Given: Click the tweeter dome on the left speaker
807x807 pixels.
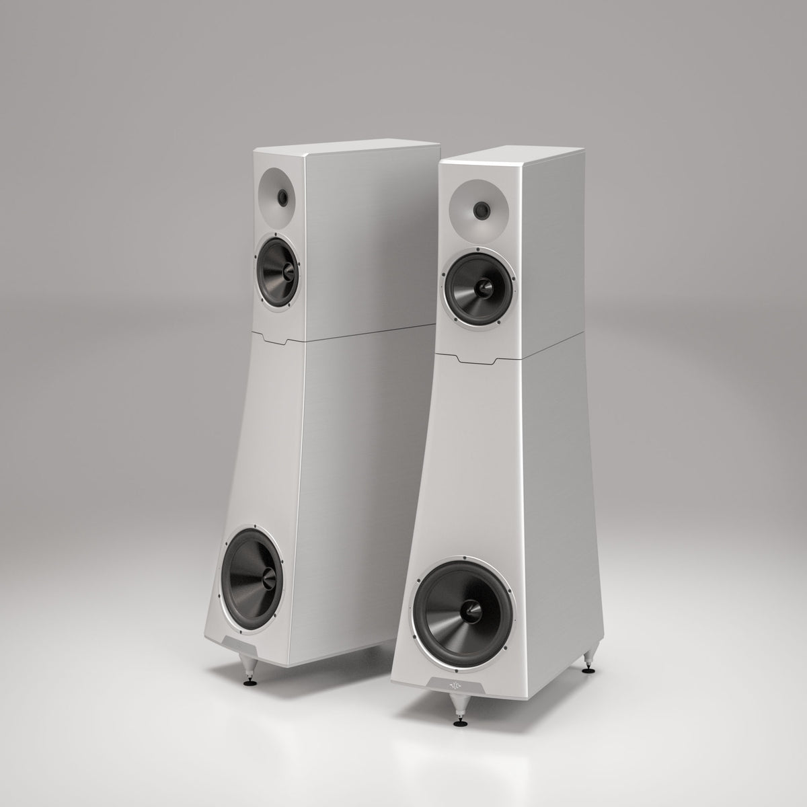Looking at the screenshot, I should [282, 196].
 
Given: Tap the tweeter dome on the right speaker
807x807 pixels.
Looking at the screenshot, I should [482, 210].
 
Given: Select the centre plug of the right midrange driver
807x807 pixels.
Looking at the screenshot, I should [483, 289].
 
